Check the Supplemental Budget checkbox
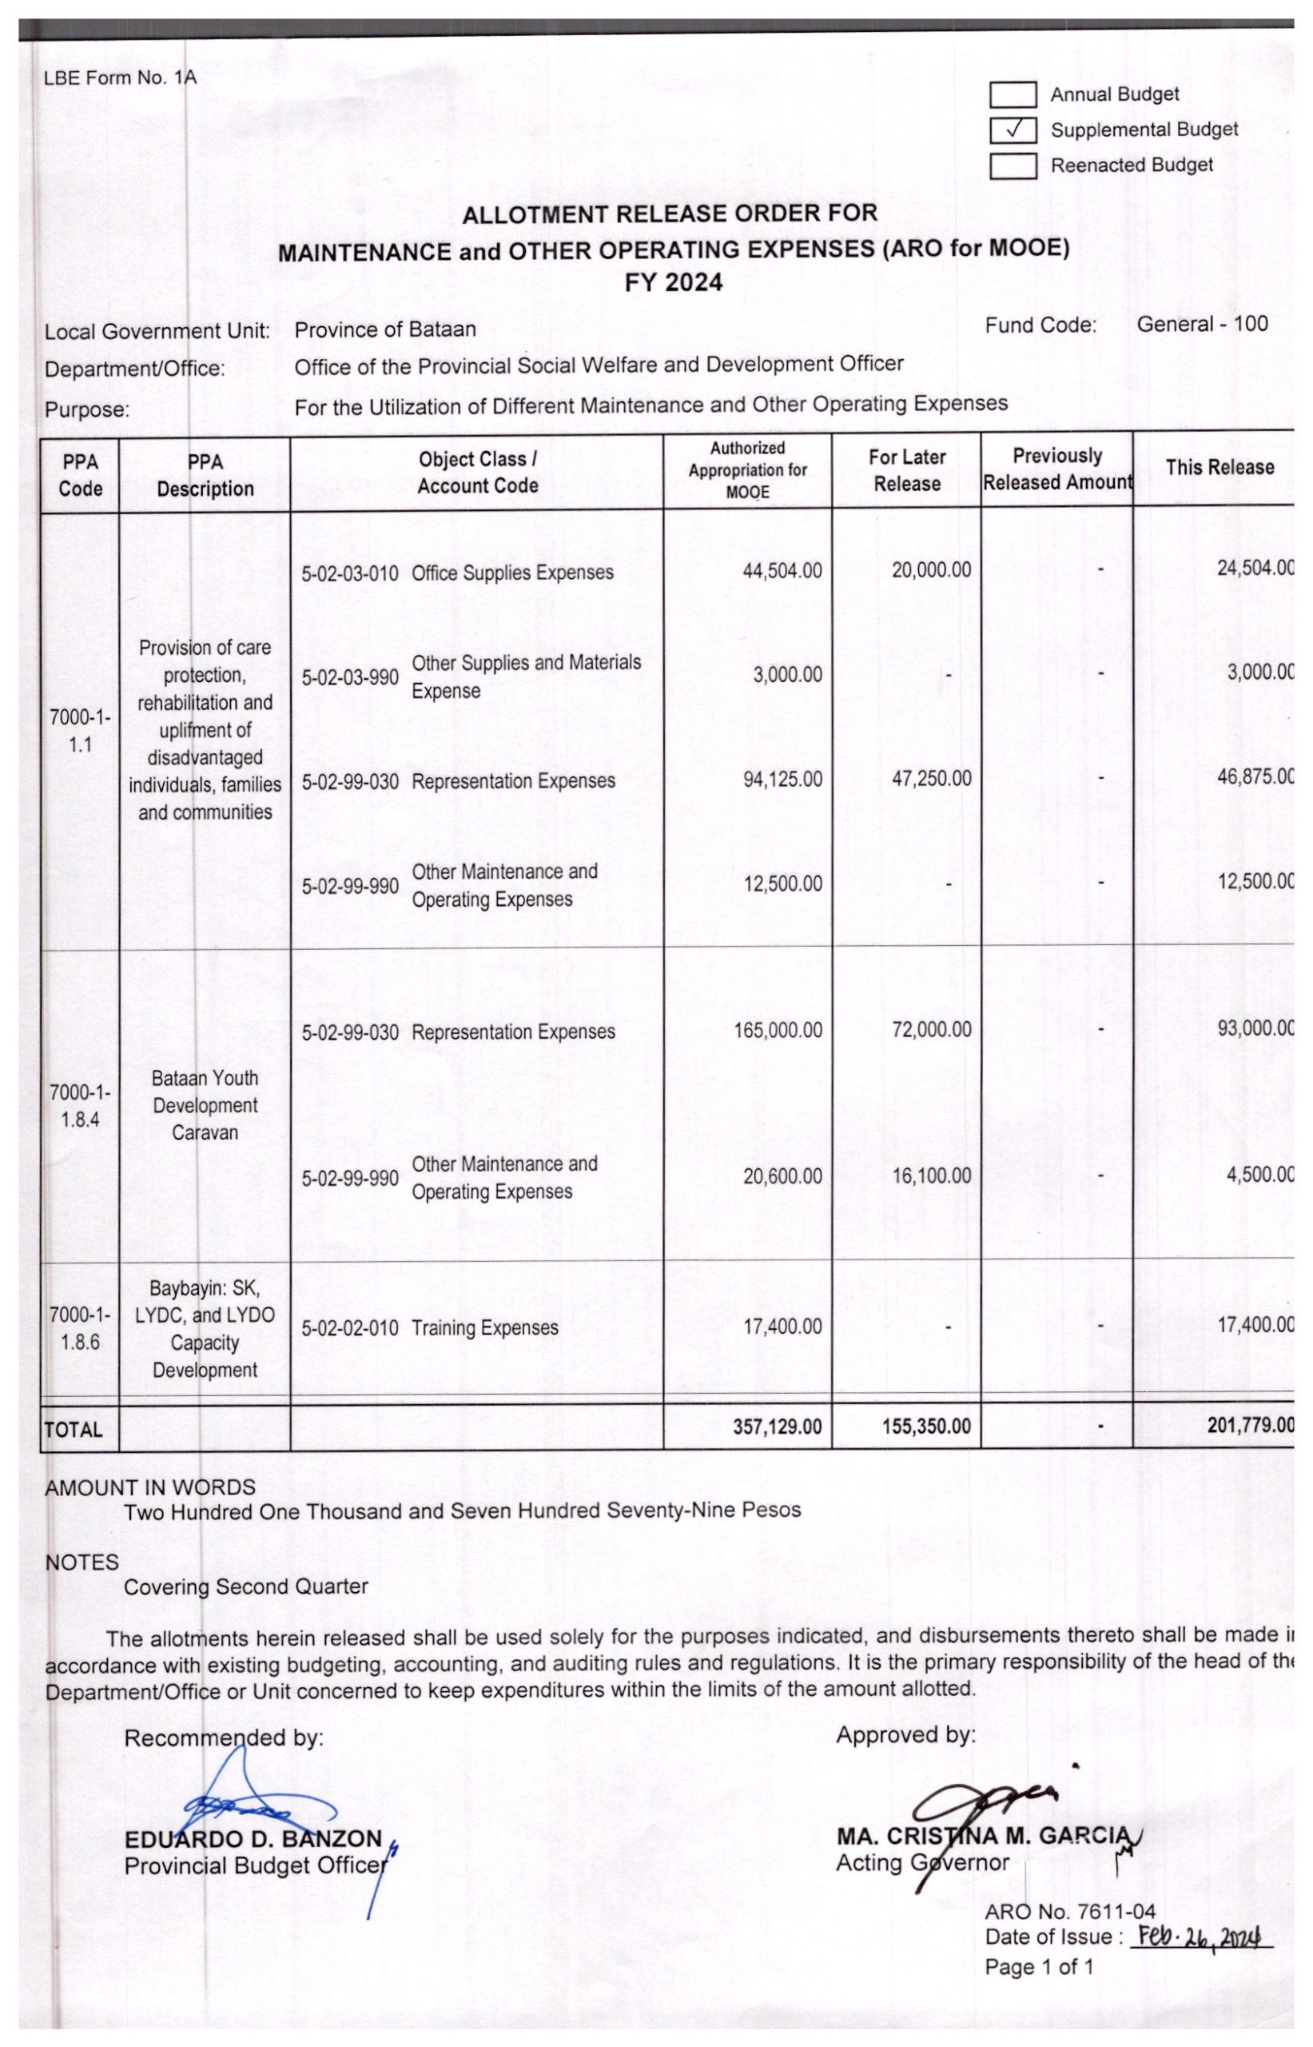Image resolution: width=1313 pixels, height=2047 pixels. (1012, 130)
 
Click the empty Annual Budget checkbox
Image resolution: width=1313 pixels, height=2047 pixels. (1012, 94)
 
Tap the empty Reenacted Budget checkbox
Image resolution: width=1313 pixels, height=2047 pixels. (1012, 166)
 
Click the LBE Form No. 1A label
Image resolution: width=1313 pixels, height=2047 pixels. (120, 78)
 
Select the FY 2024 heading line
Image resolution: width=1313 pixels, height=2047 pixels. (673, 282)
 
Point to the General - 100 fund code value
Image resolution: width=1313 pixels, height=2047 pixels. (1201, 324)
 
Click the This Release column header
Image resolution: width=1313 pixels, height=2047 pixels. (1219, 468)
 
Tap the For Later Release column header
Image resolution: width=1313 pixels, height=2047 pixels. (906, 470)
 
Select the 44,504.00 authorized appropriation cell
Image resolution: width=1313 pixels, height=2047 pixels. (782, 571)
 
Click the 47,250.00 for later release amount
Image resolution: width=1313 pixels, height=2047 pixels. (931, 779)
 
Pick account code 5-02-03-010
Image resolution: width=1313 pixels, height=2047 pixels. (349, 573)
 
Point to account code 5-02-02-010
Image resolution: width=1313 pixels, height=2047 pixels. (349, 1328)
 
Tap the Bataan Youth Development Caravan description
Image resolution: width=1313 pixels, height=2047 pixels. (205, 1105)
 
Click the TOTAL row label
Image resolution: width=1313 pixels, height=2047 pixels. (74, 1430)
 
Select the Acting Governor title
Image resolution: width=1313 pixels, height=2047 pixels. (921, 1863)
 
